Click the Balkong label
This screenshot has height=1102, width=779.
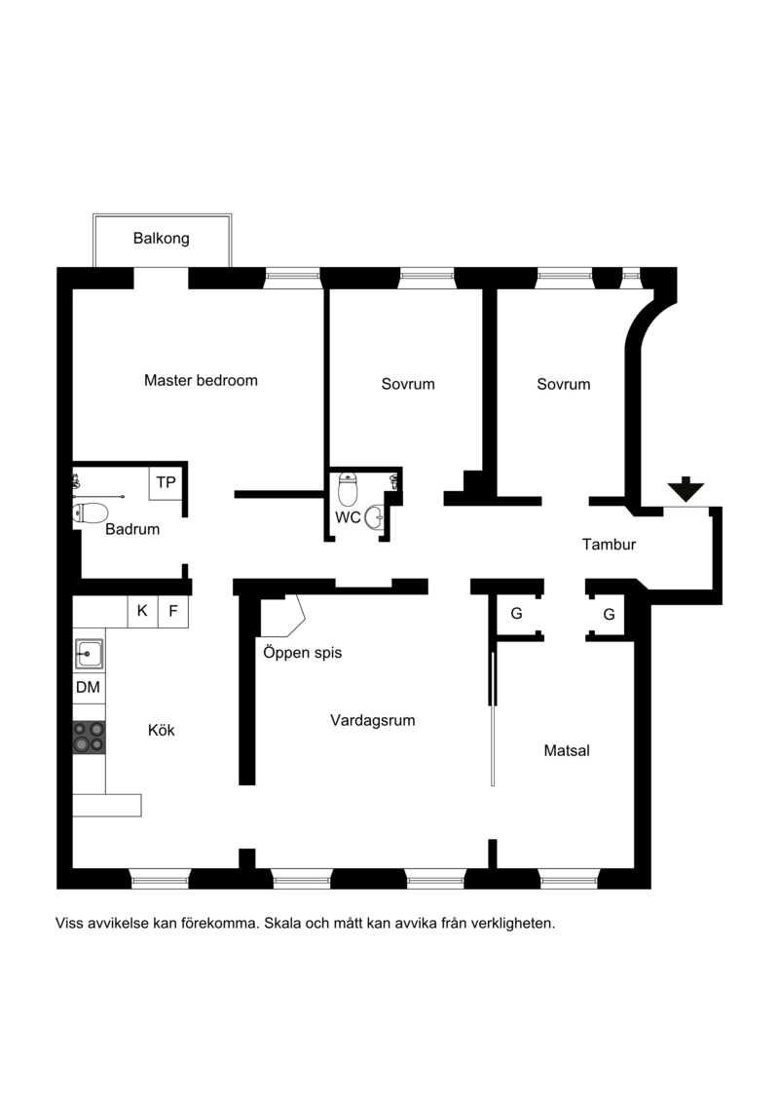[161, 239]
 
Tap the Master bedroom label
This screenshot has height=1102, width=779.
[201, 381]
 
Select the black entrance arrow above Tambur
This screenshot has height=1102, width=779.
[686, 489]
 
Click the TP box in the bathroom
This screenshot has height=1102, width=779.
[167, 482]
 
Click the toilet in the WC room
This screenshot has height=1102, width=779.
[348, 488]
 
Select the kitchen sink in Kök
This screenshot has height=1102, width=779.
[90, 655]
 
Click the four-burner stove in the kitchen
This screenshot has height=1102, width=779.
[90, 738]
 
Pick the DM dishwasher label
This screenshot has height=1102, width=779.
[88, 687]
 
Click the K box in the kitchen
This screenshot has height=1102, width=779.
[142, 612]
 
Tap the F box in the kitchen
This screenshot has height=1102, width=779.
[173, 612]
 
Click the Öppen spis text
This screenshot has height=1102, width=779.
[303, 653]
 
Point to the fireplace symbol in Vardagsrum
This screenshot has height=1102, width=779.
[282, 617]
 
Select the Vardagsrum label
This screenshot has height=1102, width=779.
[372, 720]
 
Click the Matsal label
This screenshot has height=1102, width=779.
[567, 750]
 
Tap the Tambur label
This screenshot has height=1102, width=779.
[609, 544]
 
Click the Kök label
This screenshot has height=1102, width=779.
[162, 730]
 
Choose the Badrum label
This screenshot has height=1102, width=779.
[132, 529]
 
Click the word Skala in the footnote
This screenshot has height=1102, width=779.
[282, 924]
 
